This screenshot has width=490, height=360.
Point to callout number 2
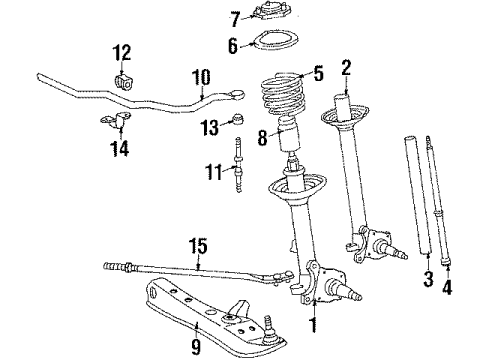(x=346, y=68)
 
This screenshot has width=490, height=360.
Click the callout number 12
(x=122, y=52)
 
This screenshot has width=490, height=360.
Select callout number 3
(x=428, y=276)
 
